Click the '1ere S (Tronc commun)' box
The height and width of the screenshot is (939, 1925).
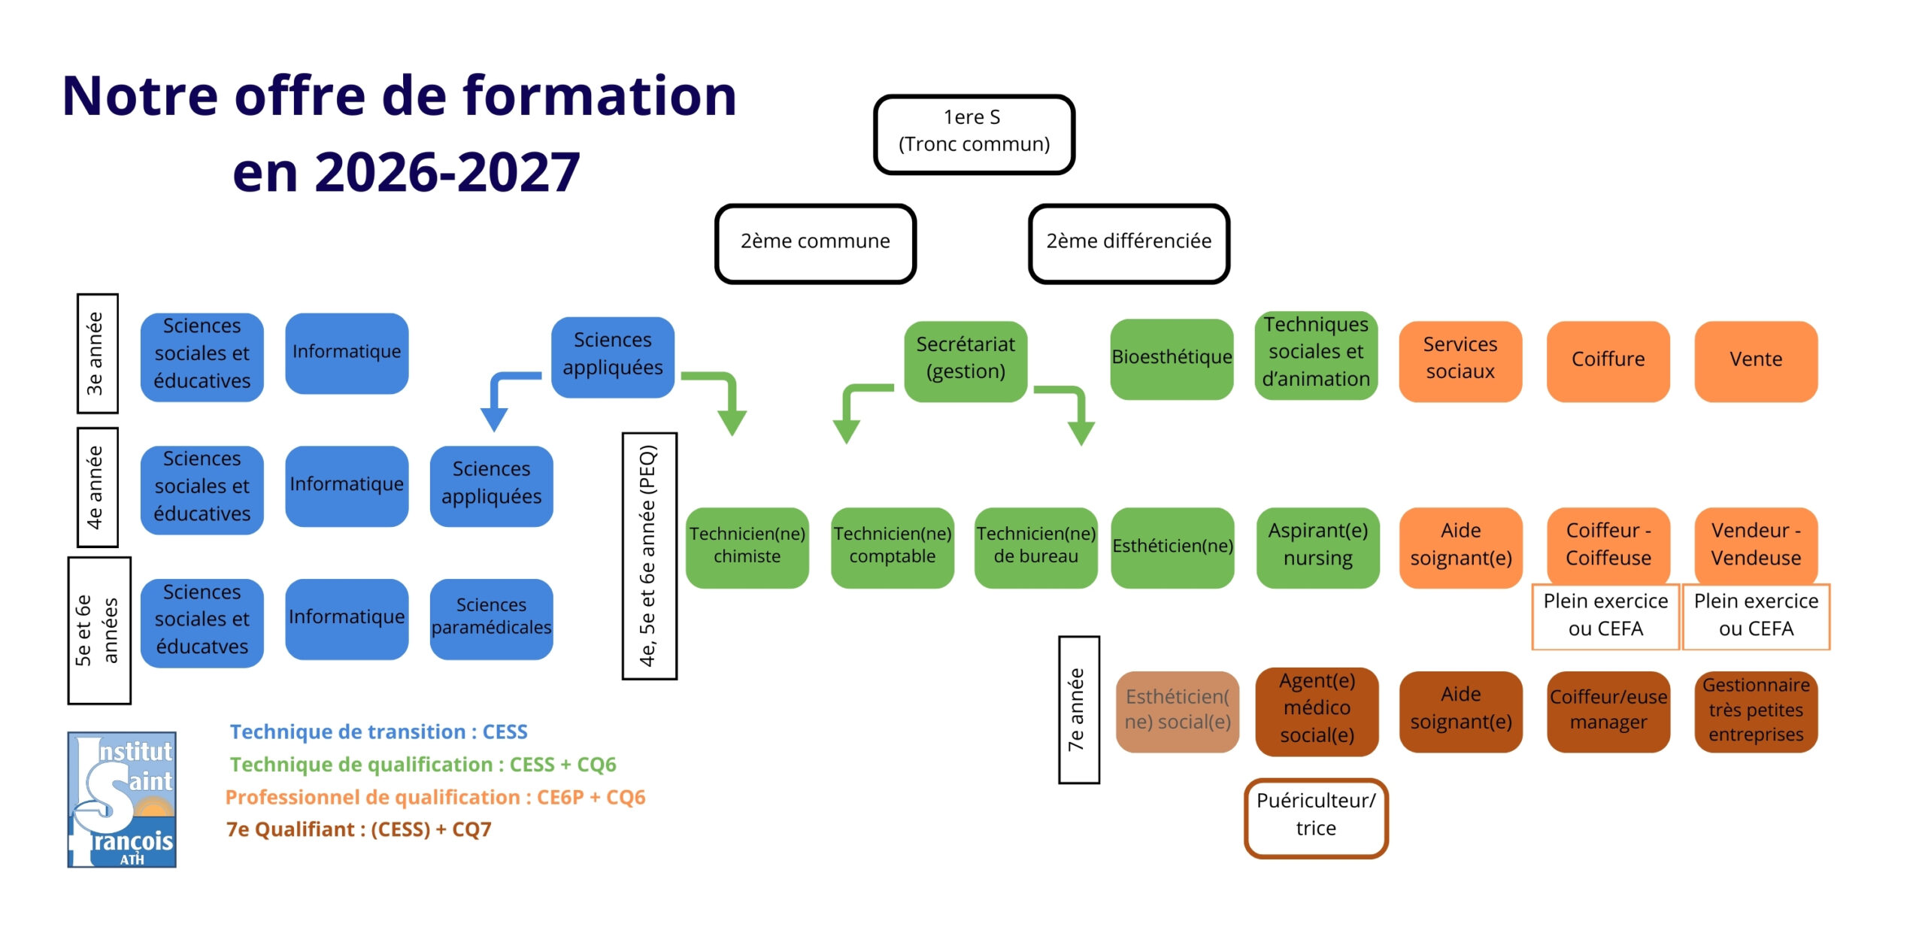tap(974, 134)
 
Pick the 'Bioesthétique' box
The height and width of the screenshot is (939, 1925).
tap(1172, 358)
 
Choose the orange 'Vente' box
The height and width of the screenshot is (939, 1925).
tap(1756, 360)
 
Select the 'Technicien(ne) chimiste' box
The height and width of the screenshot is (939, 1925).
tap(747, 547)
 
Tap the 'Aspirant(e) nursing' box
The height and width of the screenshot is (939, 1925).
tap(1317, 547)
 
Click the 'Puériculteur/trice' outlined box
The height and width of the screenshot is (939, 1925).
tap(1316, 816)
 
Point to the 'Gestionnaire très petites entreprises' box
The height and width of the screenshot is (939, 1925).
tap(1756, 710)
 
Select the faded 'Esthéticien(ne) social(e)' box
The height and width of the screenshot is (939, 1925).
tap(1177, 710)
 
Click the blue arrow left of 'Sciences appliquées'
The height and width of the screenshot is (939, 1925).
tap(504, 395)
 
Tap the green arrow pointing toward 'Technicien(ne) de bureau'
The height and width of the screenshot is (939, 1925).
tap(1072, 410)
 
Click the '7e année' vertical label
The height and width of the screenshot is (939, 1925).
tap(1078, 710)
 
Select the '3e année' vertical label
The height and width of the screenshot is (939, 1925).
tap(97, 353)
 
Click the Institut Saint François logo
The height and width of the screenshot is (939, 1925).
tap(122, 800)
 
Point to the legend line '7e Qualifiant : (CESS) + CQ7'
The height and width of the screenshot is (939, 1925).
tap(359, 830)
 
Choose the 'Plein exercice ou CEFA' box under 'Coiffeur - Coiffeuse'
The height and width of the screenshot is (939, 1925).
tap(1605, 616)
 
